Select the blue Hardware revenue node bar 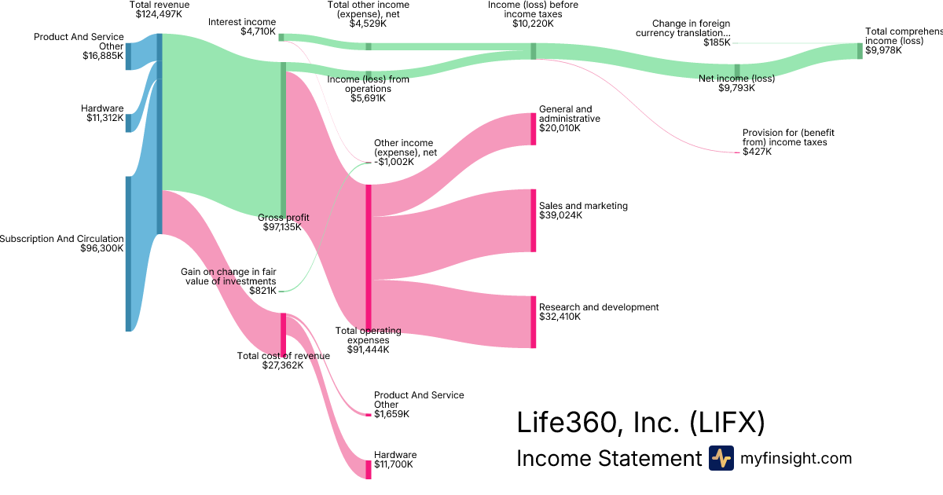pos(129,123)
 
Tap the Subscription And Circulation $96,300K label pos(63,244)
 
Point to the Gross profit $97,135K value pos(283,227)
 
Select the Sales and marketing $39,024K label pos(583,211)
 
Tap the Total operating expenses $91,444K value pos(368,350)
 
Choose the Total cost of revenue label pos(283,356)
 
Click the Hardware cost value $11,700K pos(394,465)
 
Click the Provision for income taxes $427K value pos(758,152)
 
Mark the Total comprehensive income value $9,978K pos(883,50)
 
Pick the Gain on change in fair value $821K pos(262,291)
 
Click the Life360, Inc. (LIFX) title pos(640,423)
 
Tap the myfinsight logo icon pos(721,458)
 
